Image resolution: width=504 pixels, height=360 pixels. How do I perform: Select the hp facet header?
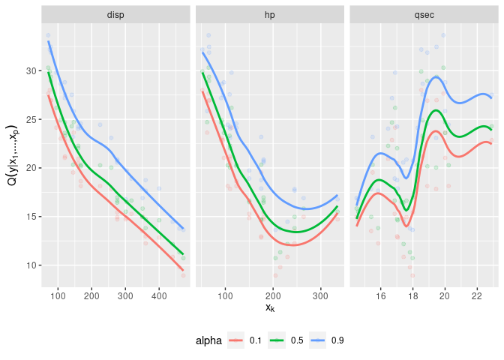point(270,14)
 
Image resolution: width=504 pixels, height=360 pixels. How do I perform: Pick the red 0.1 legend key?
point(236,340)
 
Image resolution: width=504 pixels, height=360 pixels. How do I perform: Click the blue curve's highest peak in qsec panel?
point(434,77)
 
